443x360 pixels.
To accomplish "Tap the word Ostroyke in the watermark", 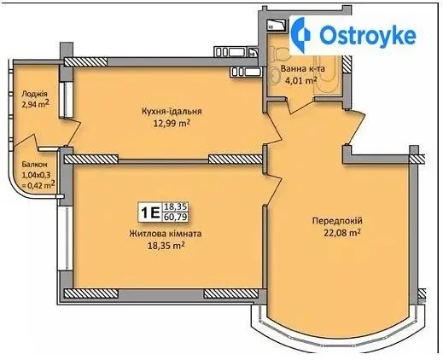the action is [368, 35].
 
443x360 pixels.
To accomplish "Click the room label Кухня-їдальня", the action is [172, 111].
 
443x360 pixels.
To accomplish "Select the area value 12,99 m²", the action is [172, 124].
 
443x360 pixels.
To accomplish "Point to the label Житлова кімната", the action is [166, 234].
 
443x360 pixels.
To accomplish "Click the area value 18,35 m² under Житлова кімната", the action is [166, 246].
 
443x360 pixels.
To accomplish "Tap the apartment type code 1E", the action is [149, 212].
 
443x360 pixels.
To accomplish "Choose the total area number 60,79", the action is [176, 217].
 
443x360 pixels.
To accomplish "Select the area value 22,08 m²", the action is [342, 233].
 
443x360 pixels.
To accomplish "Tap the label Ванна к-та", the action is [303, 69].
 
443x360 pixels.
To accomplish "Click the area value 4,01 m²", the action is [301, 81].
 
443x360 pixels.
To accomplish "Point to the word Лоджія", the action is [34, 94].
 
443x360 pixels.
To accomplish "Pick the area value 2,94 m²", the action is [36, 104].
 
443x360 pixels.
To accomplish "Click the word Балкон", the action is [34, 165].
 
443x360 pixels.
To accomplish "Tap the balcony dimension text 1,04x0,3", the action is [36, 175].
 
